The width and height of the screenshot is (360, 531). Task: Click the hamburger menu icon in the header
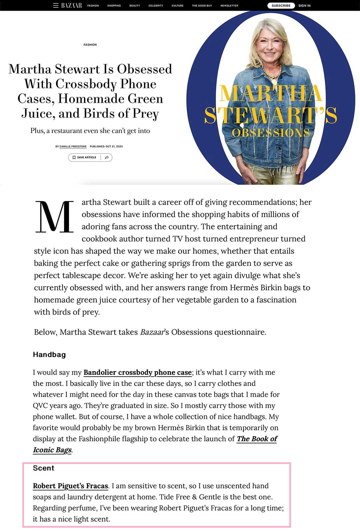pos(56,5)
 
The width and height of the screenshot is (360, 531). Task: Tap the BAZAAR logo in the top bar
pos(71,5)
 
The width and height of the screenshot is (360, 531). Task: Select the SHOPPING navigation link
pos(114,6)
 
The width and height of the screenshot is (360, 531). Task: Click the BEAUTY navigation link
pos(135,6)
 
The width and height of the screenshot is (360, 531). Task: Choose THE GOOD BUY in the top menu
pos(202,6)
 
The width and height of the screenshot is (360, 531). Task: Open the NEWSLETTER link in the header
pos(229,6)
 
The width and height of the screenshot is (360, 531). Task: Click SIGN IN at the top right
pos(304,6)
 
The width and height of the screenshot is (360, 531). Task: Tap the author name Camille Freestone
pos(73,146)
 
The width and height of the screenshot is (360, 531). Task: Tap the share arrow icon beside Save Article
pos(107,157)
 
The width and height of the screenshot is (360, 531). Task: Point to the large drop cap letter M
pos(54,217)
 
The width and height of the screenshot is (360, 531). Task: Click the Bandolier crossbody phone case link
pos(137,372)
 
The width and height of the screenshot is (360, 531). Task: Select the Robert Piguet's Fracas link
pos(70,486)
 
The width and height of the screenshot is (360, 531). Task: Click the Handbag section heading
pos(49,355)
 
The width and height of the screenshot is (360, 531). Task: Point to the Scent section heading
pos(44,468)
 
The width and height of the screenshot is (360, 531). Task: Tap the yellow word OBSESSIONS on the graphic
pos(271,133)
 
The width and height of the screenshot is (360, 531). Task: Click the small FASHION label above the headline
pos(90,45)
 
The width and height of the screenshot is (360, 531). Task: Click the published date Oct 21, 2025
pos(106,146)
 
